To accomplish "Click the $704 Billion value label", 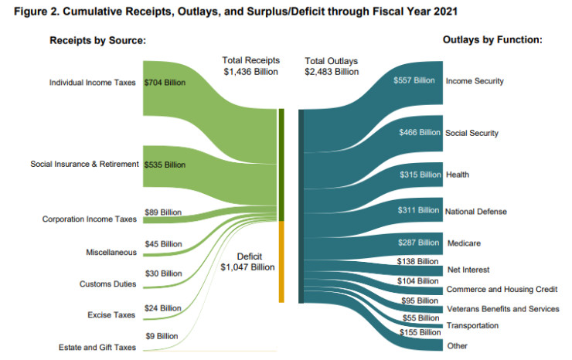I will (x=165, y=83).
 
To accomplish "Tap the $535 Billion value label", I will (x=165, y=164).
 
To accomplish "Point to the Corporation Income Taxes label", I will (x=90, y=219).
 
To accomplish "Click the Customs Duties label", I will (x=108, y=284).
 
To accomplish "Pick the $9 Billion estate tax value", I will (x=161, y=336).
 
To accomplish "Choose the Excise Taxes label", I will (x=113, y=314).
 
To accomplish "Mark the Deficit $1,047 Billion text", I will (x=248, y=260).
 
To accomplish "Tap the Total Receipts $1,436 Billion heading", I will (x=251, y=66).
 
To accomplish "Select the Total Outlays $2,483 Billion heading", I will (x=331, y=66).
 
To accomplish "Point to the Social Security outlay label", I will (x=472, y=133).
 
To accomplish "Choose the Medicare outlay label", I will (x=464, y=243).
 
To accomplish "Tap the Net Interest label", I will (x=467, y=270).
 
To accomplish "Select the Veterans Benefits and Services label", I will (x=502, y=308).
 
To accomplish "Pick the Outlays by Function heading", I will (x=492, y=39).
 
